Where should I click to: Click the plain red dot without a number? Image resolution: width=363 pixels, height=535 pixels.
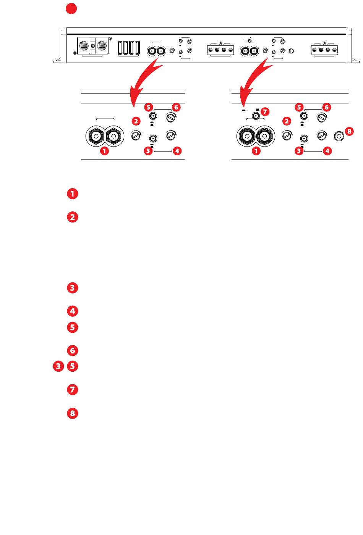71,9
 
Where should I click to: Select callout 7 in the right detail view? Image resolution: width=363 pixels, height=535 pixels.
265,111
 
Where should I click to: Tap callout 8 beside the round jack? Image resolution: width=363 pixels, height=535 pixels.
349,131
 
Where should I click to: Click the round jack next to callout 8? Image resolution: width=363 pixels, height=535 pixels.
339,136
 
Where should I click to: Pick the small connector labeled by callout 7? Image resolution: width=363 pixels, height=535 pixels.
256,116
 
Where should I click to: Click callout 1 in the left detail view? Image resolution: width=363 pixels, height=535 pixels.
104,151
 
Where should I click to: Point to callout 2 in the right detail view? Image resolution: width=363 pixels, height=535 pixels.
287,121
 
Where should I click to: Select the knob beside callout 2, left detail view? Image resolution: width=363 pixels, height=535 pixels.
136,136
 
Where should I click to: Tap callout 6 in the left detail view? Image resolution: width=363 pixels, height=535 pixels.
176,107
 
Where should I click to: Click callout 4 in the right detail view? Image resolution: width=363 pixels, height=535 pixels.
327,151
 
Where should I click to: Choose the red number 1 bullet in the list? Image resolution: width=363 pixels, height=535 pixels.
73,194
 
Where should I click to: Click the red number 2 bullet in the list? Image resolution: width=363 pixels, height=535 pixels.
73,217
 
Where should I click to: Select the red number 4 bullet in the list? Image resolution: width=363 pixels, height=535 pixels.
73,311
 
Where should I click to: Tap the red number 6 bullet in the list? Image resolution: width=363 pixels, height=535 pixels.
73,351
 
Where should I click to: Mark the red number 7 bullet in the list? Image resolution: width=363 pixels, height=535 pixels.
73,390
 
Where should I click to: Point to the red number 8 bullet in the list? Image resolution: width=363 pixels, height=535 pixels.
73,413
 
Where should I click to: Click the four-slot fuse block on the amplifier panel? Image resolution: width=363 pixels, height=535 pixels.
129,48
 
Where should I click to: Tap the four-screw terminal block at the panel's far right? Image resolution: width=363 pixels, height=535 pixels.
324,50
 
